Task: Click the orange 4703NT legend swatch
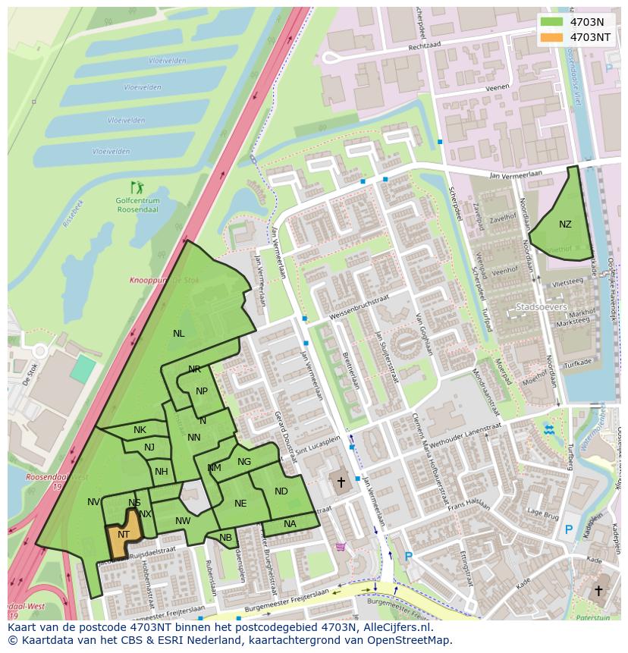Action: click(553, 36)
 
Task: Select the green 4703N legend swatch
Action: click(553, 22)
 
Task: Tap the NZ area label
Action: click(565, 224)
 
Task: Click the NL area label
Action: click(178, 334)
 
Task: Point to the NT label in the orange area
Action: click(124, 535)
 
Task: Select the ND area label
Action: click(281, 491)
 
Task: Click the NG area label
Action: click(244, 462)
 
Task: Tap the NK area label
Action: click(140, 430)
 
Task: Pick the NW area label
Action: click(183, 521)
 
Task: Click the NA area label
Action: click(290, 524)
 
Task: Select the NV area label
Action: click(93, 502)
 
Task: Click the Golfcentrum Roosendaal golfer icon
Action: click(137, 187)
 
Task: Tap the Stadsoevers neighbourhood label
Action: click(541, 307)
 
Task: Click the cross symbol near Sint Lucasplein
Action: click(341, 482)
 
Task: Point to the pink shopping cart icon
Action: click(341, 546)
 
